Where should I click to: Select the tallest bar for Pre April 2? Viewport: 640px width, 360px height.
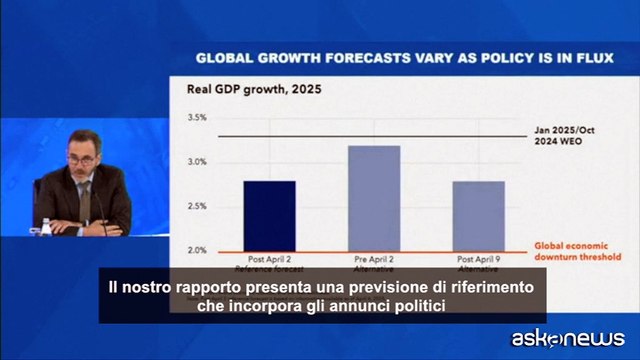(x=373, y=198)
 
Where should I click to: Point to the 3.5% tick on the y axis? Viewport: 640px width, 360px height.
(x=197, y=118)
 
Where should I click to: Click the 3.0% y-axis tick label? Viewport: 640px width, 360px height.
(x=197, y=162)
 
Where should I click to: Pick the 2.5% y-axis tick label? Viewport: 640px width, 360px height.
(x=197, y=206)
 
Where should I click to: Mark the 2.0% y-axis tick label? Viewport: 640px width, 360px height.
(x=197, y=250)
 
